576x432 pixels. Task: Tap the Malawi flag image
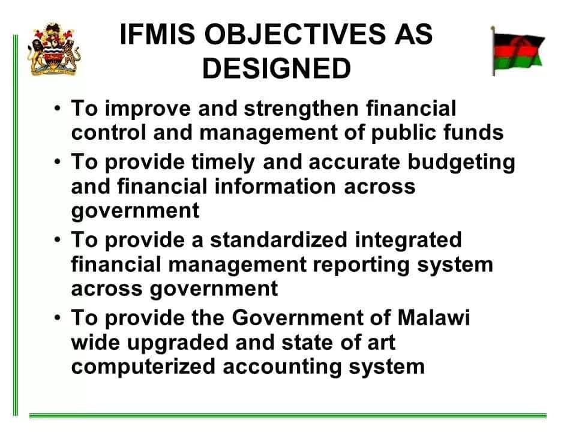point(518,51)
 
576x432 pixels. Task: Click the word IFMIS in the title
point(157,34)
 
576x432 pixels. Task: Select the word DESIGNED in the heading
point(277,68)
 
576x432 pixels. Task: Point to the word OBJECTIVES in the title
point(295,34)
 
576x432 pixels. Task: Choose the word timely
point(223,163)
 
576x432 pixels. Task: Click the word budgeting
point(462,163)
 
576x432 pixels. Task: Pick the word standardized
point(279,240)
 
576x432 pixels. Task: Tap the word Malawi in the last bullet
point(434,317)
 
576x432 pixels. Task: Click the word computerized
point(143,367)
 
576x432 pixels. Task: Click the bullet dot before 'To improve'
point(57,109)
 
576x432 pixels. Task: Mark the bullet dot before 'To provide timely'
point(57,161)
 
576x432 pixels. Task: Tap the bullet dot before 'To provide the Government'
point(57,317)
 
